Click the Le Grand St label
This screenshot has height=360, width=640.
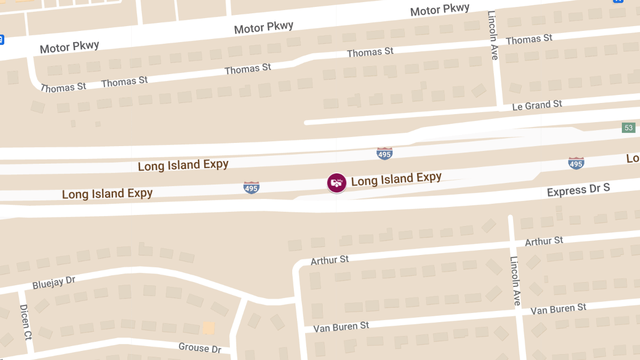pyautogui.click(x=537, y=106)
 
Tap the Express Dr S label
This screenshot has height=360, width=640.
pyautogui.click(x=578, y=190)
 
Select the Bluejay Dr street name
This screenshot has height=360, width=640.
pyautogui.click(x=54, y=282)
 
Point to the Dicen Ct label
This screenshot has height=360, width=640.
pyautogui.click(x=25, y=322)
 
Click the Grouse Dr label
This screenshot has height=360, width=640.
pyautogui.click(x=200, y=348)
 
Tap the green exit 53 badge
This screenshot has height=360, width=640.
pyautogui.click(x=629, y=127)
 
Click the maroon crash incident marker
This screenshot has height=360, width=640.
pyautogui.click(x=337, y=183)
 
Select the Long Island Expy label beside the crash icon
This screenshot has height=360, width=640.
pyautogui.click(x=396, y=179)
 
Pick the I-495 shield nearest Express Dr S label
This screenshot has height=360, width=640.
pyautogui.click(x=576, y=163)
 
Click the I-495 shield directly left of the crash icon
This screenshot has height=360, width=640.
pyautogui.click(x=251, y=187)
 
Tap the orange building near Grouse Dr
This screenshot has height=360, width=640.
pyautogui.click(x=209, y=327)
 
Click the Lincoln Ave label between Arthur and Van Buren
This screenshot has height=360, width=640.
pyautogui.click(x=515, y=281)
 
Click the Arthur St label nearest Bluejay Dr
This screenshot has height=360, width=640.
pyautogui.click(x=330, y=260)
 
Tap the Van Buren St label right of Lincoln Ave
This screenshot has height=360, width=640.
pyautogui.click(x=558, y=309)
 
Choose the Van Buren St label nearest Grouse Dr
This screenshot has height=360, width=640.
pyautogui.click(x=341, y=326)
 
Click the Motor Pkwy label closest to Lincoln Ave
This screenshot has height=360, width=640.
pyautogui.click(x=440, y=10)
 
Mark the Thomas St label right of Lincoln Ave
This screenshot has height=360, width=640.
pyautogui.click(x=529, y=39)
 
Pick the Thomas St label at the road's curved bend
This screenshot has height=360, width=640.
pyautogui.click(x=63, y=87)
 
